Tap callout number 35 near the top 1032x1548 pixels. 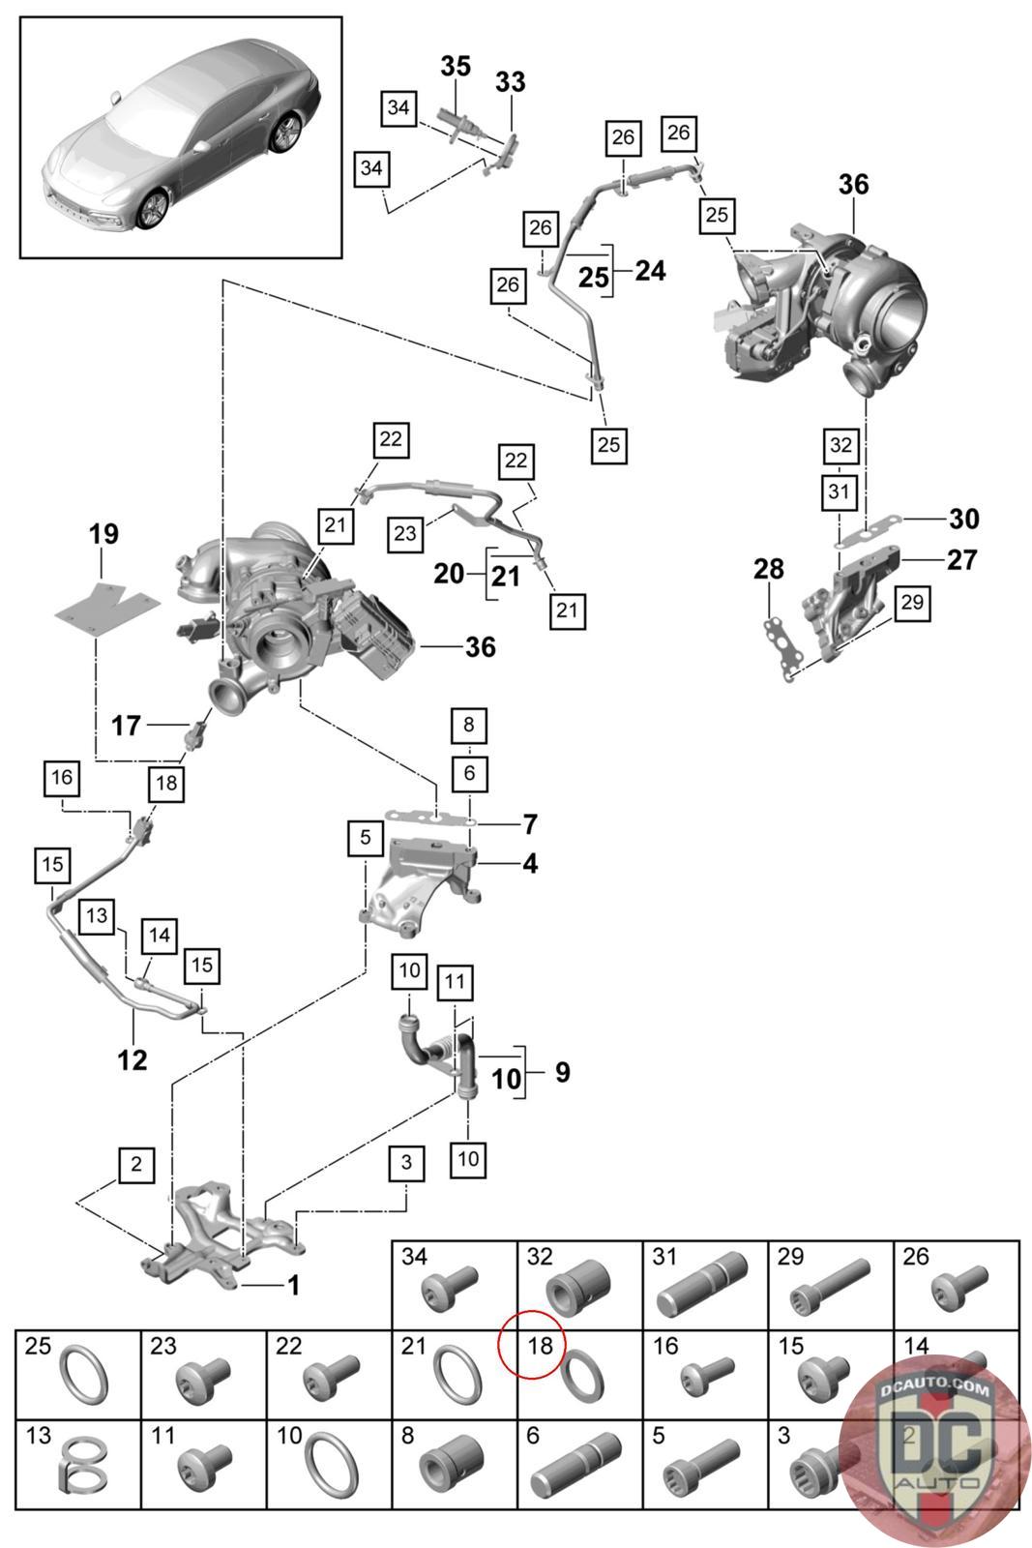click(456, 66)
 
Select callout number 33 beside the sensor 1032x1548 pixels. click(511, 82)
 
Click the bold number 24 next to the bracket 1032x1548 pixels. click(650, 271)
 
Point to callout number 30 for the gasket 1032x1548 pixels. click(963, 520)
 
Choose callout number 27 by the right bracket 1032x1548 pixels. click(961, 559)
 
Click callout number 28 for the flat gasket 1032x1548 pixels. click(769, 569)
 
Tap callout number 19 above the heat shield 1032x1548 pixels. click(103, 533)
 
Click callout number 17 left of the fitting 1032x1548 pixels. click(127, 725)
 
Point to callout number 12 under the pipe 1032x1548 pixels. click(133, 1059)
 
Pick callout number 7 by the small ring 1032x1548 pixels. click(529, 824)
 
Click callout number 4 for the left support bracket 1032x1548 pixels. click(530, 863)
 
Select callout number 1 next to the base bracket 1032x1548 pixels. click(293, 1285)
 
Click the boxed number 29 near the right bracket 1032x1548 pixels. click(912, 603)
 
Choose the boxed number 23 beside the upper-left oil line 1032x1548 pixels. click(405, 532)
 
